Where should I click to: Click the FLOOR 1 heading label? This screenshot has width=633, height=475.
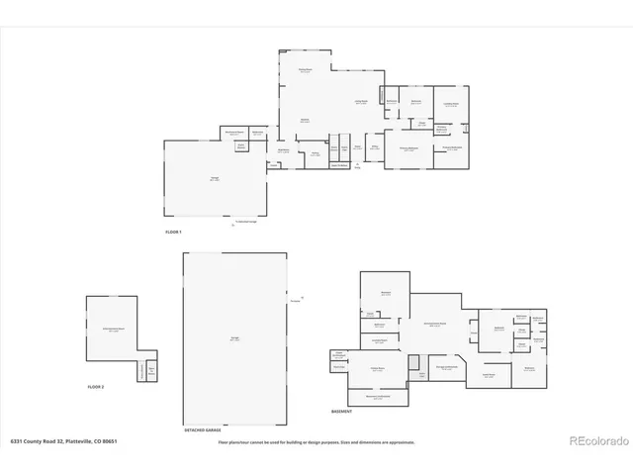[175, 231]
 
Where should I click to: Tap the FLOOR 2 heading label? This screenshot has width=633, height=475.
[96, 386]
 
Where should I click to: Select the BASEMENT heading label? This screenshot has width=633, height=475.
[341, 411]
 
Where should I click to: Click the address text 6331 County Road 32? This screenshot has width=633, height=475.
[63, 441]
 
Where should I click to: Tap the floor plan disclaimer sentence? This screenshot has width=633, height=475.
[316, 442]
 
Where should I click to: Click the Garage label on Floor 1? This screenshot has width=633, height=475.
[214, 178]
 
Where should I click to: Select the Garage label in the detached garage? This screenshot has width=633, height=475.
[234, 337]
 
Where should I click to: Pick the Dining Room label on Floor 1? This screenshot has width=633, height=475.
[306, 69]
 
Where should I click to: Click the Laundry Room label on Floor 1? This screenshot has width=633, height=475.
[451, 103]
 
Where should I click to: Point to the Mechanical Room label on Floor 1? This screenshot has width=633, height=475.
[234, 133]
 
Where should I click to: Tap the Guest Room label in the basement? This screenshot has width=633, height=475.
[489, 375]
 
